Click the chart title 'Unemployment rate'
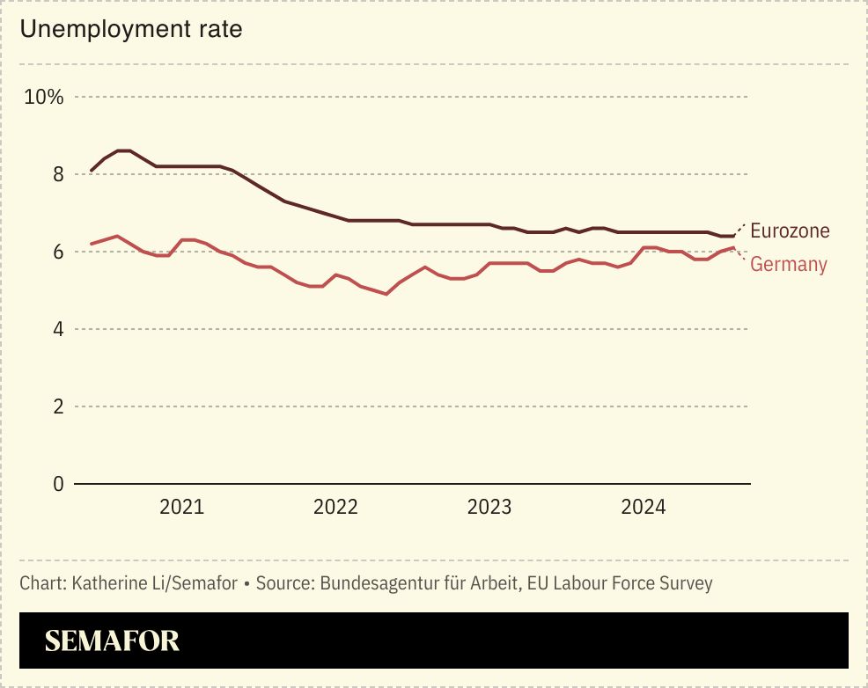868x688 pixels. [131, 29]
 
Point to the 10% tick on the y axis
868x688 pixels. [44, 97]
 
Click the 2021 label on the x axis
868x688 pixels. [181, 508]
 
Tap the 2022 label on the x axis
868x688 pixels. [335, 508]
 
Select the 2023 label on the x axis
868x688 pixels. [489, 508]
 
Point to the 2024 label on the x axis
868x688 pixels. [644, 508]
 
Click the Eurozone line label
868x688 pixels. [790, 231]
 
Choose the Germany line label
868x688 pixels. [788, 264]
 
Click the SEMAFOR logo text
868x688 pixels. [112, 640]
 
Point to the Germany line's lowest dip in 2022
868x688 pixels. [386, 294]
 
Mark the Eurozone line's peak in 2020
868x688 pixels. [124, 150]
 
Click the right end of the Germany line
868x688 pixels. [733, 247]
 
